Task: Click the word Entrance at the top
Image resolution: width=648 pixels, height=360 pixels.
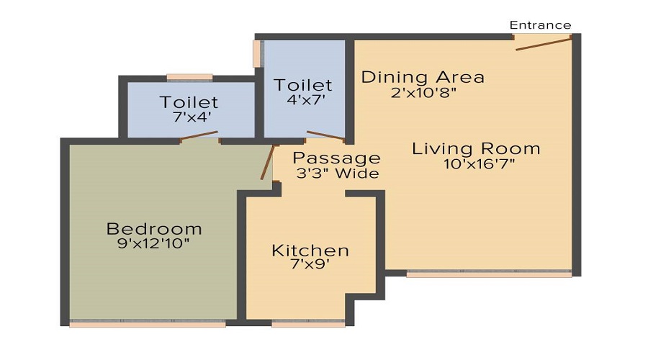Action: click(x=540, y=25)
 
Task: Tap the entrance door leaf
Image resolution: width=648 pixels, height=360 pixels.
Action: click(x=544, y=45)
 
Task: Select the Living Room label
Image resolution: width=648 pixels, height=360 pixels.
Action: click(x=476, y=149)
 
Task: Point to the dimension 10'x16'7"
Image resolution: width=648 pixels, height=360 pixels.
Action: click(x=480, y=164)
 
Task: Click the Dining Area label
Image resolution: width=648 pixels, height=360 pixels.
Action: click(x=423, y=77)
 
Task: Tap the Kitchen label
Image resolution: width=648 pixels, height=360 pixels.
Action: click(x=310, y=251)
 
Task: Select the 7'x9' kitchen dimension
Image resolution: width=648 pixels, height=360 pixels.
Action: click(x=310, y=264)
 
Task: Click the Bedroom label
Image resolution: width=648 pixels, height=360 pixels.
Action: click(x=154, y=229)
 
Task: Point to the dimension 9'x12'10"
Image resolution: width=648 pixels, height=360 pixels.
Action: click(x=154, y=244)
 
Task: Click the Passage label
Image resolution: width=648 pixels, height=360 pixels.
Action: click(x=337, y=158)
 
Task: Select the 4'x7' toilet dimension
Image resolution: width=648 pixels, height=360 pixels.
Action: click(x=303, y=100)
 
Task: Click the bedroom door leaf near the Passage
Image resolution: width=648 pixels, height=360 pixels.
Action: click(x=268, y=162)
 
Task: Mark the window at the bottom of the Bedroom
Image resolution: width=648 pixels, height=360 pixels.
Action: click(x=148, y=324)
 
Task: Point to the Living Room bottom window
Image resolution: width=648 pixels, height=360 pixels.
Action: click(x=489, y=274)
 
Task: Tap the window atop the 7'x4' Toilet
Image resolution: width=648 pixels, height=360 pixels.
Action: click(x=189, y=77)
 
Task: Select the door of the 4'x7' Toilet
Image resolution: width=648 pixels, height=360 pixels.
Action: click(x=325, y=136)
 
